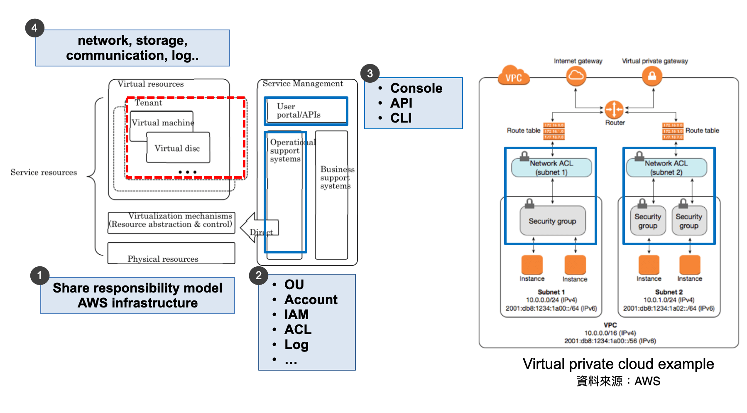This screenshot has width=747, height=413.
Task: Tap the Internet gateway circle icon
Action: [576, 76]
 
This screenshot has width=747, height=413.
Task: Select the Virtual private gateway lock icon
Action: [652, 76]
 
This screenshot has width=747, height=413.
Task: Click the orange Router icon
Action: [614, 110]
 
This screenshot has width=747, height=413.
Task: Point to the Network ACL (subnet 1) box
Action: [551, 168]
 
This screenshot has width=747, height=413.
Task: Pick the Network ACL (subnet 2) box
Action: [666, 168]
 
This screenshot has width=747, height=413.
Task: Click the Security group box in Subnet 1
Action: [552, 221]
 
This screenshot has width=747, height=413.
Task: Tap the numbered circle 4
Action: [34, 28]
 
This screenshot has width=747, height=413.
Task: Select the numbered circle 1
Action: [40, 275]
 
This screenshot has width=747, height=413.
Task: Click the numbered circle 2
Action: [258, 275]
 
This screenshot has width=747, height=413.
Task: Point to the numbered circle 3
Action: [370, 74]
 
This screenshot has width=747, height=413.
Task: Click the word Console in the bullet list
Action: [416, 88]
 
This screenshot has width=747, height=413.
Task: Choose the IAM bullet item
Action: [296, 315]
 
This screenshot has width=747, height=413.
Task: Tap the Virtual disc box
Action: [178, 148]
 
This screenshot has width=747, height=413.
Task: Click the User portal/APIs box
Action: [306, 111]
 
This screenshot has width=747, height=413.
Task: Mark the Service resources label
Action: [44, 172]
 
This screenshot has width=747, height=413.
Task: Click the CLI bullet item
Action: [401, 118]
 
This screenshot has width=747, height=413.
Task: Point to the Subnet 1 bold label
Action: [551, 292]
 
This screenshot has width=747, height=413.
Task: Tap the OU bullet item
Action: [294, 285]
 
